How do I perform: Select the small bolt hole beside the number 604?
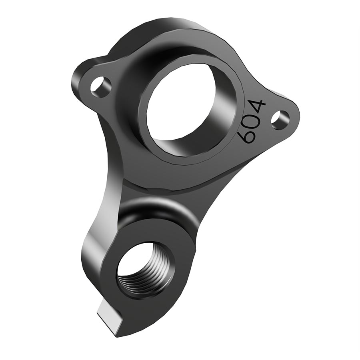[280, 119]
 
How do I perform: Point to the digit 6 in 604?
[246, 136]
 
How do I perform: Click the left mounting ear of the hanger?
[86, 82]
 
